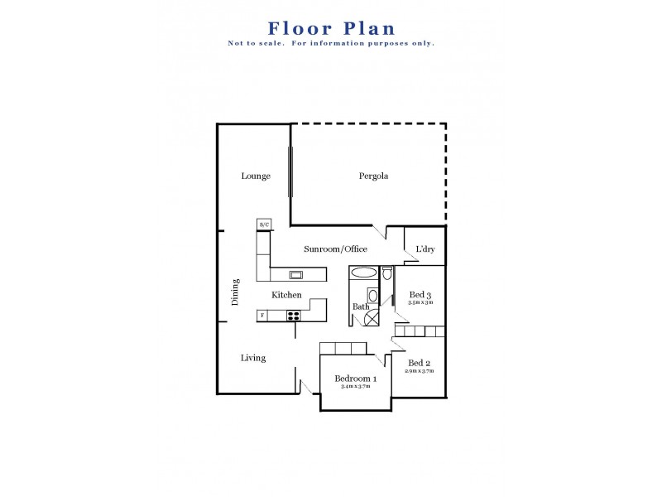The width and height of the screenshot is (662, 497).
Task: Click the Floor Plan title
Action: coord(331,29)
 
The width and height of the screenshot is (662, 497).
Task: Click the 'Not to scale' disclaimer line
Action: coord(331,43)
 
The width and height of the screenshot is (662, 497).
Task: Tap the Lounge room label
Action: coord(256,176)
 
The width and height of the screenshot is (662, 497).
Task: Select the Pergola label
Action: coord(373,176)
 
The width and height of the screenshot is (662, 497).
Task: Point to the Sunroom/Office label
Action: coord(335,248)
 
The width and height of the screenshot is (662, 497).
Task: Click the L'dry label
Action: coord(425,248)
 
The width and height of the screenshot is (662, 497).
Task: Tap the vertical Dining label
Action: coord(235,292)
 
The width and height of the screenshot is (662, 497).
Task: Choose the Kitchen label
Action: coord(286,295)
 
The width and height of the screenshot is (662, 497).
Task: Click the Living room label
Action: coord(253,358)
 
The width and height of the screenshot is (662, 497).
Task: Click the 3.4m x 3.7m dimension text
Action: coord(354,387)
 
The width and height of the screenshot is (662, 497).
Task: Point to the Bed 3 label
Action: coord(420,295)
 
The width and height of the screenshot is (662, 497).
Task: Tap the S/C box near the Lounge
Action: coord(264,224)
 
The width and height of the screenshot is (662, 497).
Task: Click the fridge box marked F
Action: coord(262,316)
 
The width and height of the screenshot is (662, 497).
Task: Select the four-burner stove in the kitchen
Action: coord(293,316)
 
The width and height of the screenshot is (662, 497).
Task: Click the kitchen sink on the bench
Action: coord(296,275)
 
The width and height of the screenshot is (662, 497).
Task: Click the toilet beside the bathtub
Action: coord(386,273)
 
